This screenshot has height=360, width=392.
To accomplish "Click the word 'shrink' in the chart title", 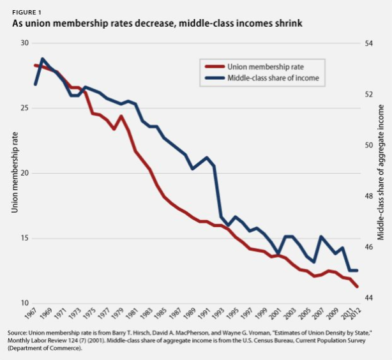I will pyautogui.click(x=285, y=24).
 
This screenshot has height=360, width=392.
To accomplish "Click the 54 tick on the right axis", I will pyautogui.click(x=368, y=43).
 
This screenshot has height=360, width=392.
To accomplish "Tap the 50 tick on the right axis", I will pyautogui.click(x=368, y=145).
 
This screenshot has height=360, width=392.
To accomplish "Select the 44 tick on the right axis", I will pyautogui.click(x=368, y=298).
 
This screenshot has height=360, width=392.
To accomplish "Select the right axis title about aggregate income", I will pyautogui.click(x=381, y=172).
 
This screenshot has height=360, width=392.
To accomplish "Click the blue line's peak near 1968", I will pyautogui.click(x=42, y=59).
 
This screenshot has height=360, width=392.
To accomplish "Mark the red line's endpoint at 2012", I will pyautogui.click(x=356, y=287).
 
